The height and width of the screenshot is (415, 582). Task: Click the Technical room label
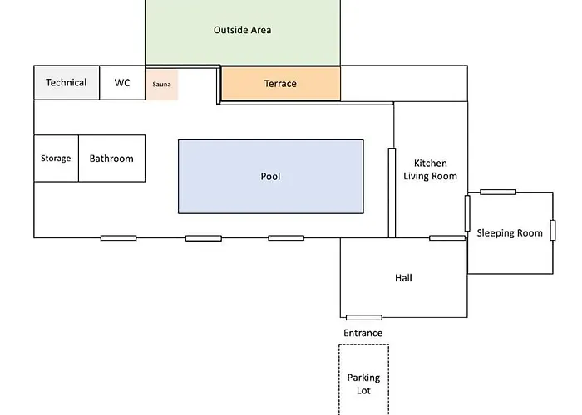(66, 83)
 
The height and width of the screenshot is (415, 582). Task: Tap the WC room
(122, 83)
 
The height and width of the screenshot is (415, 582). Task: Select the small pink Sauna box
(161, 85)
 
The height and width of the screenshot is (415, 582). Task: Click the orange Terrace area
(280, 84)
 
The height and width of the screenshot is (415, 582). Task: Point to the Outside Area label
(242, 31)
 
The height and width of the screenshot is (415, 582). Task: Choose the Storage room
(56, 159)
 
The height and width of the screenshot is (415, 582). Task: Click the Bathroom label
(111, 159)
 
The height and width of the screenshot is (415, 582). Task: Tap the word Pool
(270, 177)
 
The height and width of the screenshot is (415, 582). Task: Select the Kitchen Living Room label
(431, 169)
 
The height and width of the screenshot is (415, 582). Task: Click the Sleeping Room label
(509, 233)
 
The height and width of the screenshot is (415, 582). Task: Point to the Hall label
(403, 278)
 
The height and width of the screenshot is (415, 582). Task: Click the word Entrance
(363, 334)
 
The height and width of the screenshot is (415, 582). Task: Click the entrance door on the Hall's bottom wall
(363, 317)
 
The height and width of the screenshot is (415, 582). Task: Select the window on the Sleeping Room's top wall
(498, 192)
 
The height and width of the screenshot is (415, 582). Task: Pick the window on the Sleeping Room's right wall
(553, 230)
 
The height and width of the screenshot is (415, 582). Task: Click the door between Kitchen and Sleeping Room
(467, 213)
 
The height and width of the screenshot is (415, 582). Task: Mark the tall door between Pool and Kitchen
(391, 192)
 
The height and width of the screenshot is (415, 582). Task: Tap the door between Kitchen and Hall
(446, 238)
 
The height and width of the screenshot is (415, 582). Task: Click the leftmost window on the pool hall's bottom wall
(118, 238)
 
